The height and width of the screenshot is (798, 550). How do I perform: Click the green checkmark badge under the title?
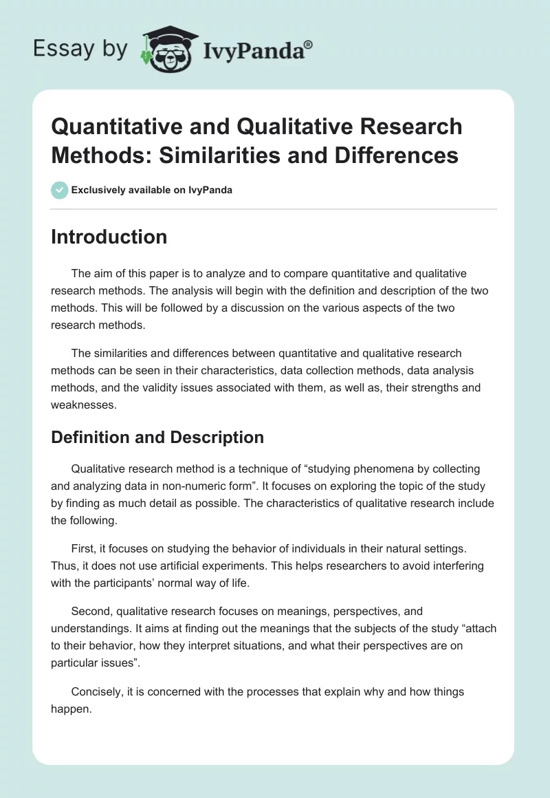click(x=60, y=190)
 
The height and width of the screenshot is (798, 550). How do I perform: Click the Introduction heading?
click(x=109, y=237)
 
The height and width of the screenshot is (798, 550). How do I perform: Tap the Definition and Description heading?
click(x=157, y=438)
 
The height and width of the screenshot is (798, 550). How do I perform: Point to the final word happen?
click(x=71, y=709)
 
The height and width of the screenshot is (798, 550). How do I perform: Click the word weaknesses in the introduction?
click(x=82, y=405)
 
